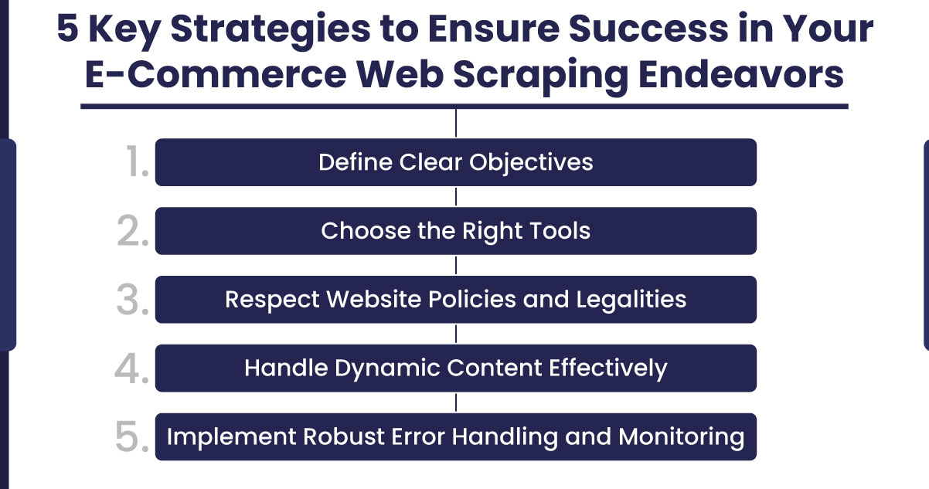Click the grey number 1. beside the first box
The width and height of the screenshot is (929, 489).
point(137,161)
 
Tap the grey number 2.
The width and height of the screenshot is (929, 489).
point(133,230)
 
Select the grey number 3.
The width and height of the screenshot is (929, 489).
point(133,299)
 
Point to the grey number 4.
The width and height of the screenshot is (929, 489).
point(131,368)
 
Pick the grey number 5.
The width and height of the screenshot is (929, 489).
point(132,436)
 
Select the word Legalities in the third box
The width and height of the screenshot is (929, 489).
point(631,300)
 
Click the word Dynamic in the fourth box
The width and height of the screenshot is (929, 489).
point(387,368)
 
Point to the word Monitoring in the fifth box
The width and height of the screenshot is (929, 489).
point(682,437)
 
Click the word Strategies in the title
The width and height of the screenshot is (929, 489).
point(271,30)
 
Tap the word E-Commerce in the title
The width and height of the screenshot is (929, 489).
point(216,75)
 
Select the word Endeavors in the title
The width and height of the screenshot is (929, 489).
point(741,74)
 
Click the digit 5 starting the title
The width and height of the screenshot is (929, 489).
point(67,28)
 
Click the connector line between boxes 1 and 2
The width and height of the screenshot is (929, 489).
point(456,196)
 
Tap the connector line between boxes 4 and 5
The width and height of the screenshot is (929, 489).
point(456,402)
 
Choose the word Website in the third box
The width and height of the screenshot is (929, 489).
point(373,299)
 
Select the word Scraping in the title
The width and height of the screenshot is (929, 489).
point(541,76)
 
